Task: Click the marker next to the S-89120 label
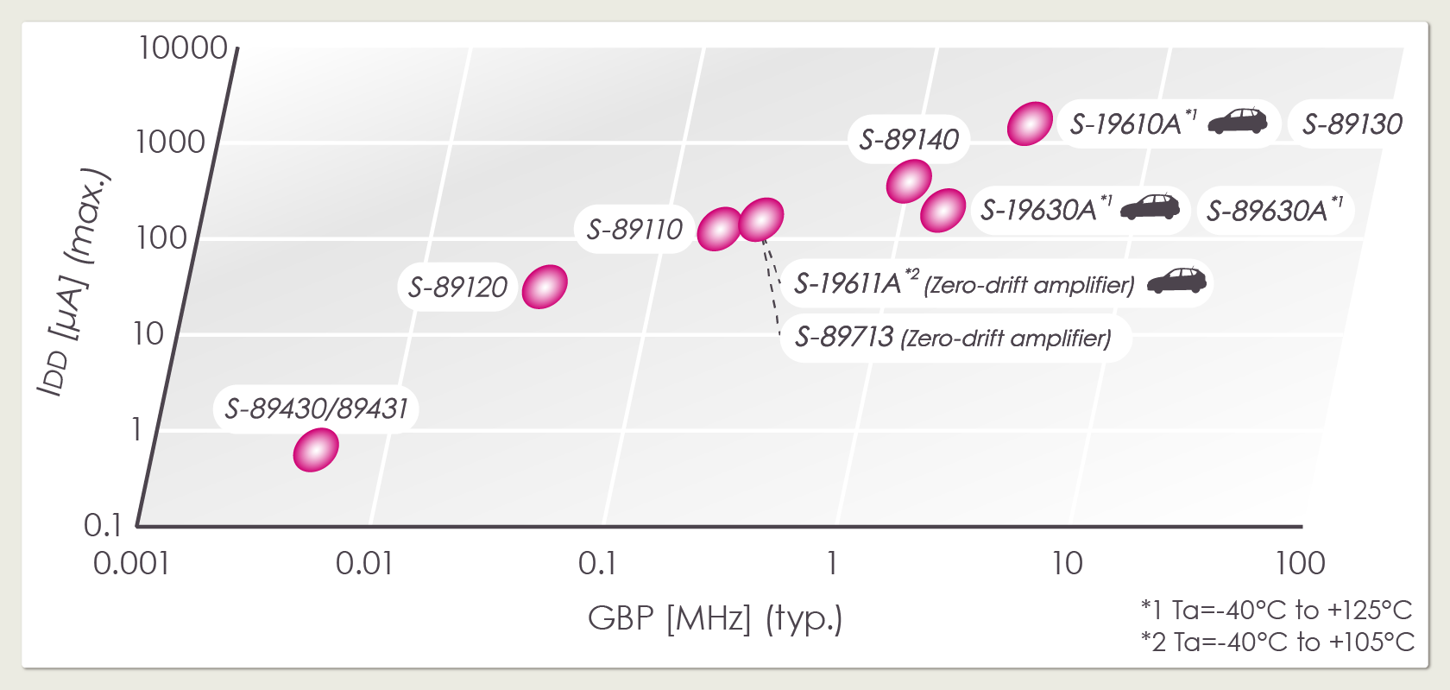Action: click(x=545, y=287)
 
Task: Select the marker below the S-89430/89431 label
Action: click(x=316, y=450)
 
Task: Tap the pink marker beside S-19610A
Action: click(x=1030, y=123)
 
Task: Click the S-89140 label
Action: click(x=909, y=139)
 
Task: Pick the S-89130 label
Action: click(x=1352, y=124)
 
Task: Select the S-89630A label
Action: click(x=1274, y=210)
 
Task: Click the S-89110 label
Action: click(x=634, y=230)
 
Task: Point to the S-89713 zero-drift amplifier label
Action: click(x=953, y=338)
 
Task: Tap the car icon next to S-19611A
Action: click(x=1176, y=281)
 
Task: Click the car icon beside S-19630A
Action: click(x=1150, y=206)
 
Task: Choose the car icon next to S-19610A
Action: click(x=1237, y=121)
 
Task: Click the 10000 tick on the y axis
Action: click(x=183, y=48)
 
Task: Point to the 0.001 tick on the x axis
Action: click(x=131, y=564)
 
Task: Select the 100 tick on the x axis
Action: click(x=1300, y=564)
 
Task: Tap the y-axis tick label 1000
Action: click(x=170, y=142)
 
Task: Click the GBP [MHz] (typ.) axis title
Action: click(x=715, y=618)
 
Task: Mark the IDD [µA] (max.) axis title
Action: click(x=74, y=281)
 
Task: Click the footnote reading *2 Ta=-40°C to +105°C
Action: click(x=1277, y=643)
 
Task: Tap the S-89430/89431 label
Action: click(x=316, y=408)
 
